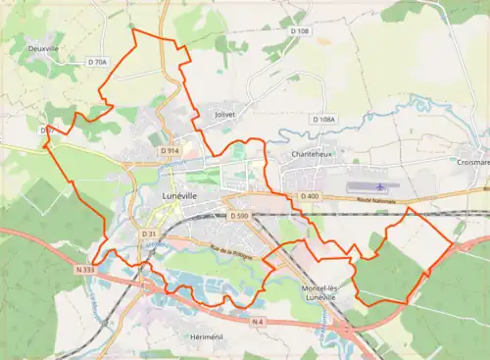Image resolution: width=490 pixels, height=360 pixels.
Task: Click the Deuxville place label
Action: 43,45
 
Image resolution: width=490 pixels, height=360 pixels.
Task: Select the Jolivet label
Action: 225,115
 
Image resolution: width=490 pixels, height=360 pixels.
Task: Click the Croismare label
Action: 472,163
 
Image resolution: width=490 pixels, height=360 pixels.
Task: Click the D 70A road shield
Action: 97,62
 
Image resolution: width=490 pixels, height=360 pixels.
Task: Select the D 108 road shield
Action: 299,31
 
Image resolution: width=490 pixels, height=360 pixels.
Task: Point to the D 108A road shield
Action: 323,119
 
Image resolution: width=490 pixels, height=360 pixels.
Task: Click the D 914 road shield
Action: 169,150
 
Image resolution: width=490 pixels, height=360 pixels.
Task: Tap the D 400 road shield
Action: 310,196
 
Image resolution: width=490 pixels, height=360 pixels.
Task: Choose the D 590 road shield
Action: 238,215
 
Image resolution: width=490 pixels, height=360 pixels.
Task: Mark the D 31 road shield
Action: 148,234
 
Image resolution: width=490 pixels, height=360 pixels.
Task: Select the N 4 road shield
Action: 257,322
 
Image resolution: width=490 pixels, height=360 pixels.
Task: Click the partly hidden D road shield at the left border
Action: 46,130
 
